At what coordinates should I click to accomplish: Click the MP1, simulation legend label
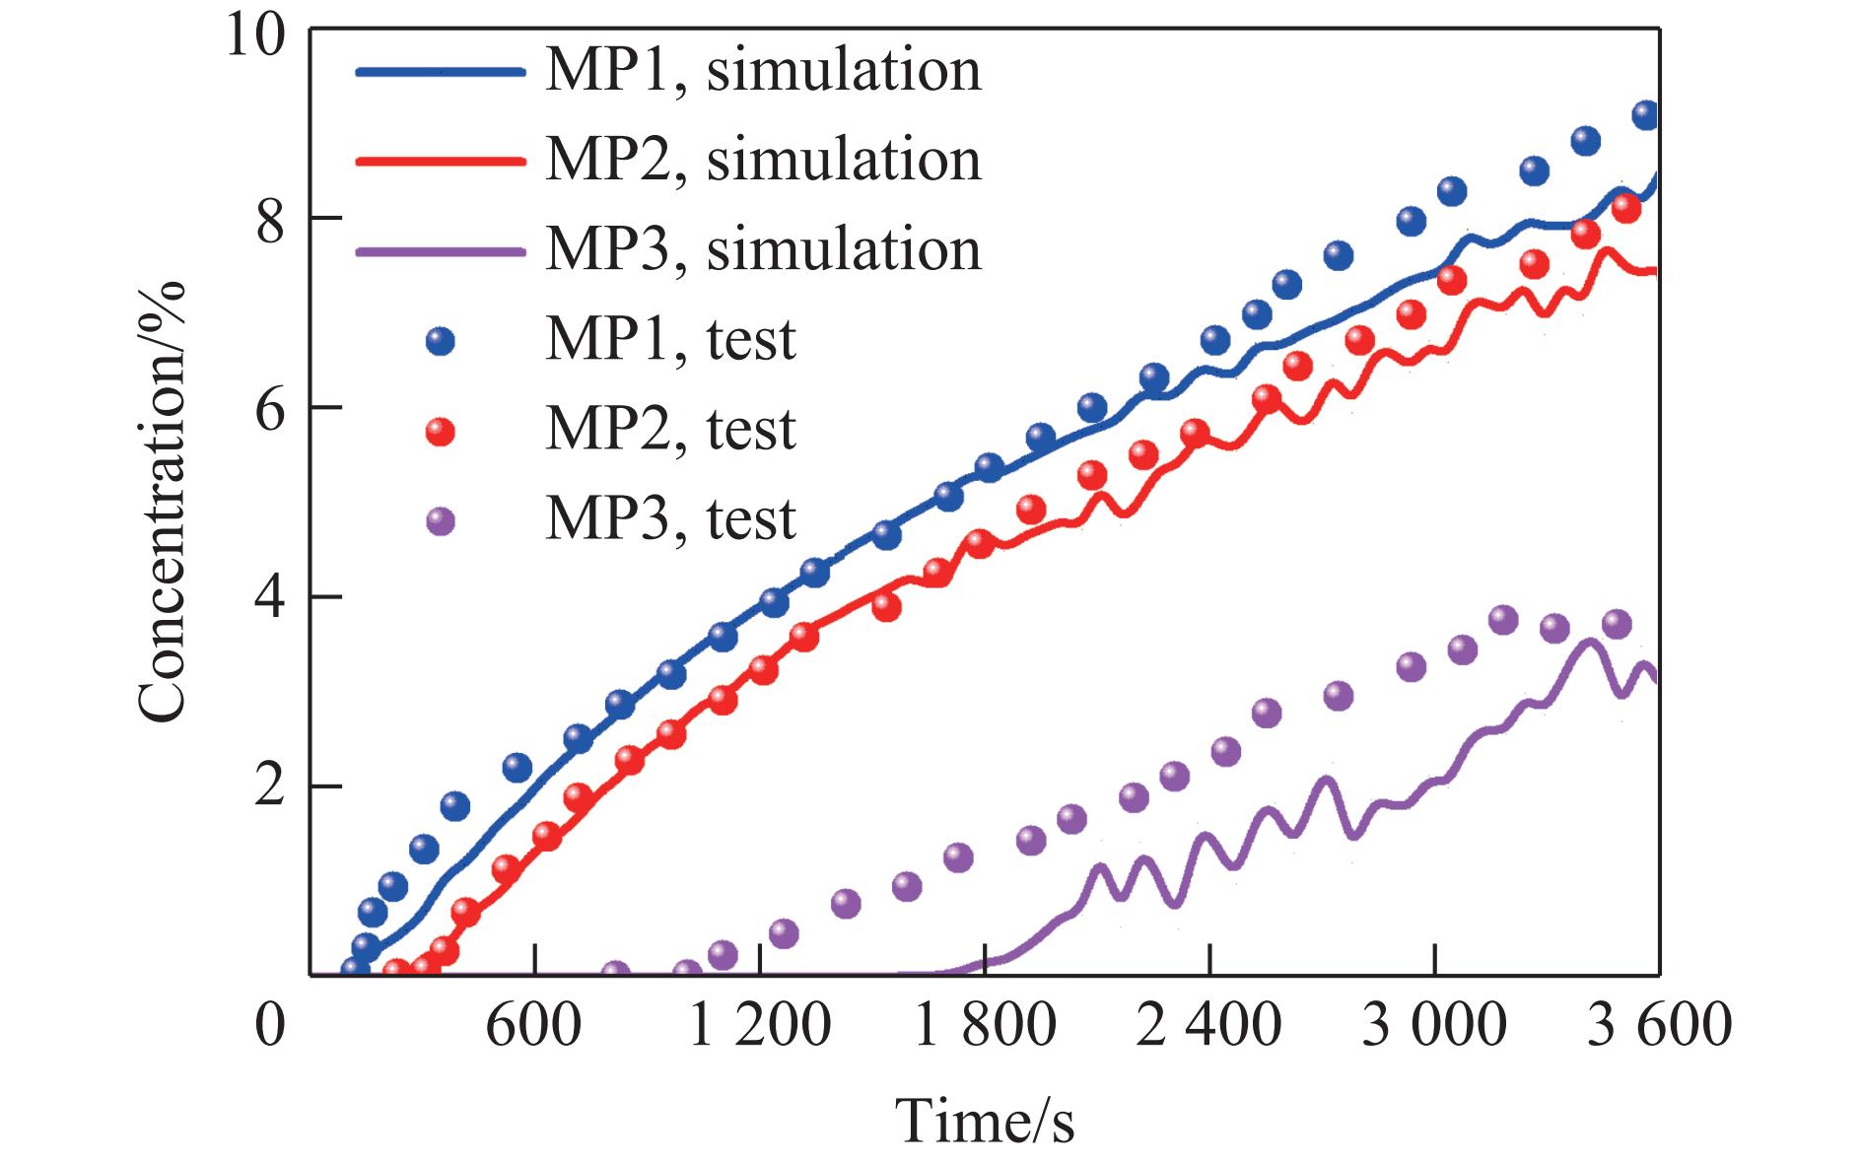pyautogui.click(x=763, y=71)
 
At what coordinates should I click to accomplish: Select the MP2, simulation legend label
pyautogui.click(x=763, y=161)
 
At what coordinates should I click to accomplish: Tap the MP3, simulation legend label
pyautogui.click(x=763, y=249)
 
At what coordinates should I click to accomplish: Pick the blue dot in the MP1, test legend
pyautogui.click(x=441, y=341)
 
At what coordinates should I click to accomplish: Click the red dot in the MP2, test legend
pyautogui.click(x=441, y=431)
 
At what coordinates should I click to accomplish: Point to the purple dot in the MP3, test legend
pyautogui.click(x=441, y=520)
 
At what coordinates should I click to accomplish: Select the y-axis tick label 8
pyautogui.click(x=269, y=219)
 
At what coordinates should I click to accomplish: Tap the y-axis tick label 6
pyautogui.click(x=269, y=408)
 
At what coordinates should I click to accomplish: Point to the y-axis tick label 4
pyautogui.click(x=269, y=597)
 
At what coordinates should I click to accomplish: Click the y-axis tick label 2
pyautogui.click(x=269, y=786)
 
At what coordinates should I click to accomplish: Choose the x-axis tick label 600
pyautogui.click(x=533, y=1025)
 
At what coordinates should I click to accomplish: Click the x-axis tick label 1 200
pyautogui.click(x=759, y=1025)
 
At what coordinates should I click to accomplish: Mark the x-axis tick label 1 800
pyautogui.click(x=985, y=1025)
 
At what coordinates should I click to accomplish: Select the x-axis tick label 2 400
pyautogui.click(x=1209, y=1025)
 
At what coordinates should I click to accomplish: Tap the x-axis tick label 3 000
pyautogui.click(x=1434, y=1025)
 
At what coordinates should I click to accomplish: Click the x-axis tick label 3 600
pyautogui.click(x=1660, y=1025)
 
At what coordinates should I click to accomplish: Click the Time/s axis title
pyautogui.click(x=985, y=1121)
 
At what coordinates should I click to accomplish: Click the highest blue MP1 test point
pyautogui.click(x=1645, y=115)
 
